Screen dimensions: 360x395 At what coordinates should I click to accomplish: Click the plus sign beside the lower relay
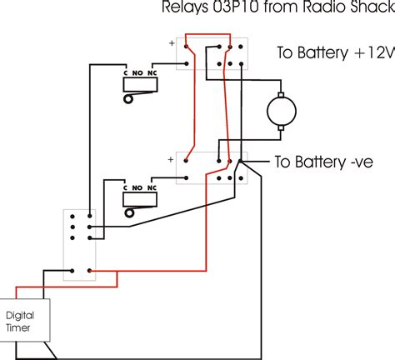171,156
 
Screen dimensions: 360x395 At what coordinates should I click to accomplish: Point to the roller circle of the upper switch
127,100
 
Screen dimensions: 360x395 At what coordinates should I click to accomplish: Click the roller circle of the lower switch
128,212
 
